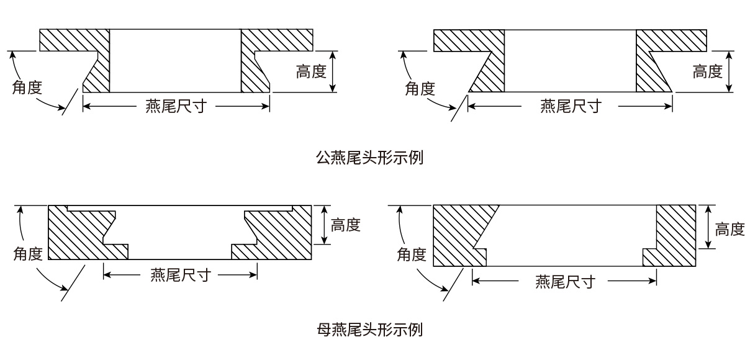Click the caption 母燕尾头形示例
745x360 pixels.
tap(370, 329)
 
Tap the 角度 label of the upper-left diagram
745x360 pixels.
tap(27, 87)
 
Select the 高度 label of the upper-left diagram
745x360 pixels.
tap(311, 71)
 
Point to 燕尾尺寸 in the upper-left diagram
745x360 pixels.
tap(176, 107)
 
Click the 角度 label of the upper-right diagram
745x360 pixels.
tap(420, 88)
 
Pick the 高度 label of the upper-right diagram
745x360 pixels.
tap(707, 71)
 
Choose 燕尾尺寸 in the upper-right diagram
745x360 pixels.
tap(570, 107)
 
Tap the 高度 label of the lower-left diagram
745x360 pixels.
tap(346, 225)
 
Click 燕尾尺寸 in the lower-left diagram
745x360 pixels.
tap(180, 274)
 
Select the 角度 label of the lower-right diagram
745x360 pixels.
tap(412, 254)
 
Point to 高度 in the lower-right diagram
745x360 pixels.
tap(729, 230)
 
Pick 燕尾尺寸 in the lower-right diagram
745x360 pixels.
tap(565, 282)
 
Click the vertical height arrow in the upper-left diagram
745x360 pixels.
tap(333, 71)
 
